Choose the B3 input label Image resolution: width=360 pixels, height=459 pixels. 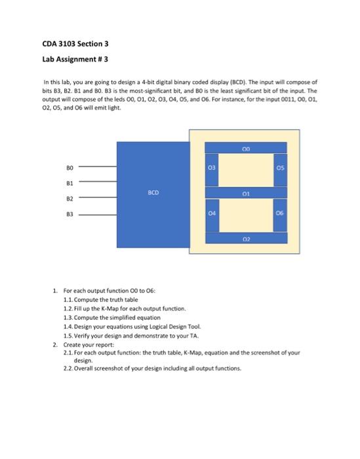[61, 212]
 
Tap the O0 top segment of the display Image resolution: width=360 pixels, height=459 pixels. [247, 148]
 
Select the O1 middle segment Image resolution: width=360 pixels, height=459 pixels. [247, 193]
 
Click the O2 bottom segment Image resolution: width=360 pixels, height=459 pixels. [247, 239]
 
